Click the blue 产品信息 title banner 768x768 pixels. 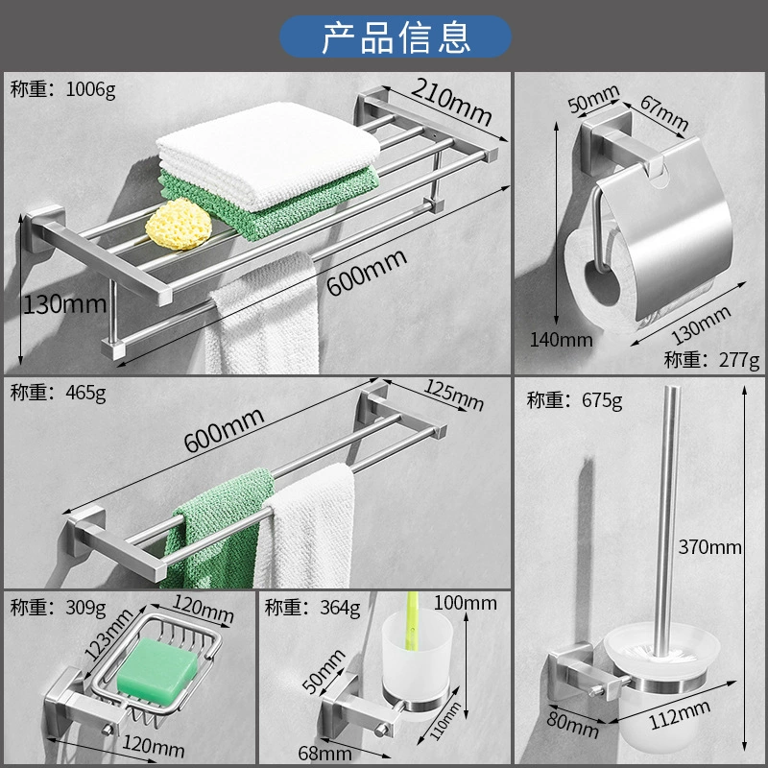pos(396,36)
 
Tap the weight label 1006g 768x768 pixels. pos(90,89)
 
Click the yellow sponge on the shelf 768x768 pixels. pos(179,224)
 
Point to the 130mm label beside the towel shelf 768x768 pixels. pos(64,304)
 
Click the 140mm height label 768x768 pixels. pos(561,340)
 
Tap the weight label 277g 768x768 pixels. pos(739,361)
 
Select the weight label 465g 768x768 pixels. pos(85,393)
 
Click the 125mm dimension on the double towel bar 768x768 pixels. pos(454,395)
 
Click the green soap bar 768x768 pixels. pos(157,668)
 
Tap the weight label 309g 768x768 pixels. pos(85,608)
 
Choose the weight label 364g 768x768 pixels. pos(340,608)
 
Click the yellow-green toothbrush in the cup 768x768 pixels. pos(413,620)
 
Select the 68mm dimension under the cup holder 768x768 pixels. pos(324,753)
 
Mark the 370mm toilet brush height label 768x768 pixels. pos(709,546)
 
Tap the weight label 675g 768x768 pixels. pos(602,400)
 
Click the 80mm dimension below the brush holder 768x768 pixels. pos(573,725)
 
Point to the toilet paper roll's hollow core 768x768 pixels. pos(602,283)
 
